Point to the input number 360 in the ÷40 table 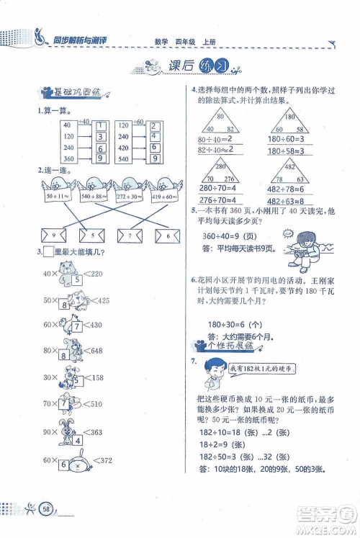pyautogui.click(x=69, y=158)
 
